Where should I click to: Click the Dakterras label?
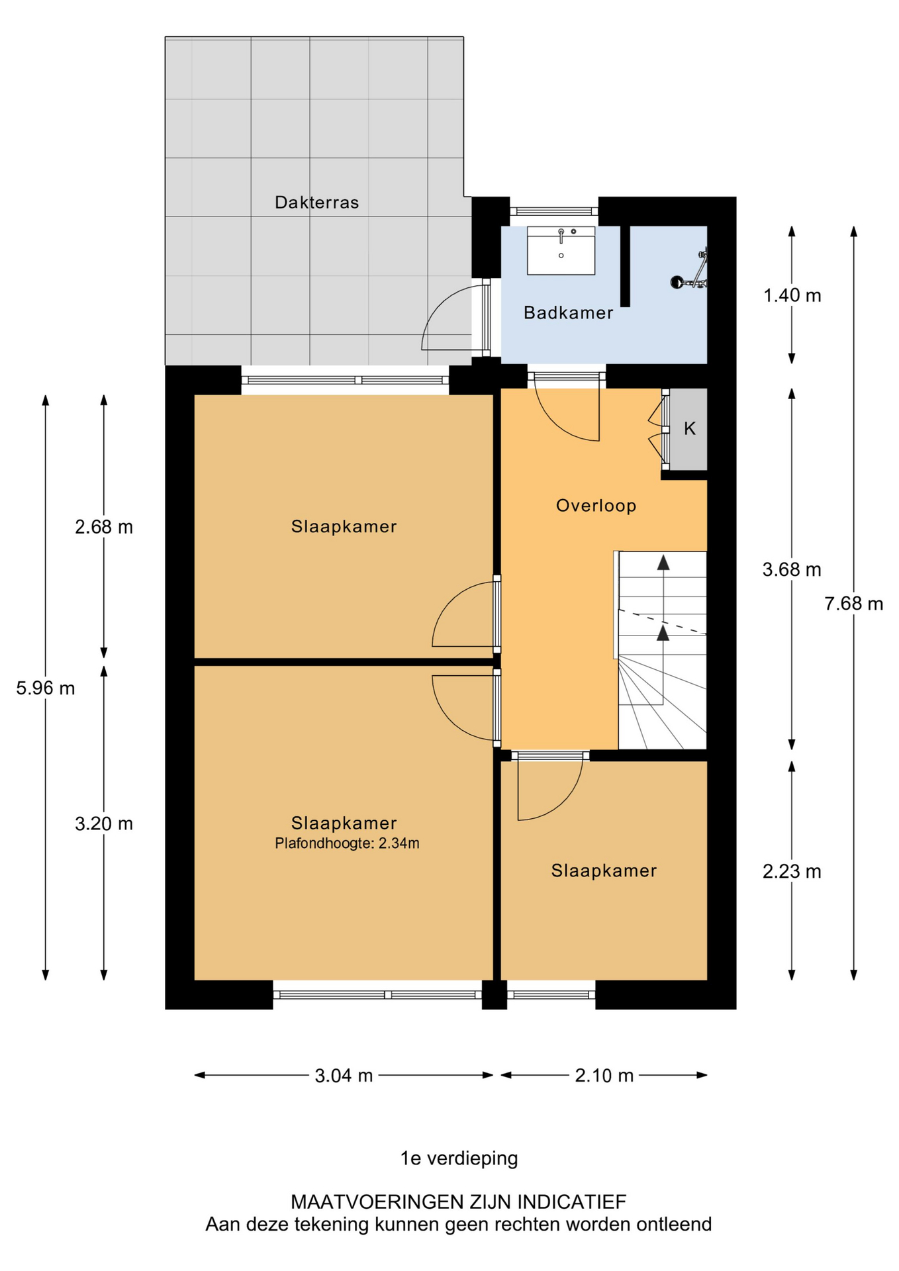click(x=316, y=203)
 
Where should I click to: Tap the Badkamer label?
click(x=568, y=312)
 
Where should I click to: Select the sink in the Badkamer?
click(x=561, y=250)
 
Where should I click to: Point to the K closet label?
click(x=690, y=429)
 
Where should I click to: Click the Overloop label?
click(x=596, y=506)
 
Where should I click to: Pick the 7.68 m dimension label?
click(x=853, y=604)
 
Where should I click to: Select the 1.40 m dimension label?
click(x=792, y=295)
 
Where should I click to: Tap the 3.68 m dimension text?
click(x=792, y=569)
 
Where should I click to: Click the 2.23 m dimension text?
click(x=792, y=872)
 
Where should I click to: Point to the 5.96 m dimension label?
click(x=46, y=688)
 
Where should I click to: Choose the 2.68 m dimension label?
click(x=104, y=527)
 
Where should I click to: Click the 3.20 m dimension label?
click(x=104, y=824)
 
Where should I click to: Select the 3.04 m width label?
click(x=344, y=1076)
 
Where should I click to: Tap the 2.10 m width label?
click(x=604, y=1076)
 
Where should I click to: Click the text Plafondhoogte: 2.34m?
click(x=347, y=843)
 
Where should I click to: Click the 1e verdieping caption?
click(x=459, y=1158)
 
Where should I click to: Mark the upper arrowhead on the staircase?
click(x=663, y=563)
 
